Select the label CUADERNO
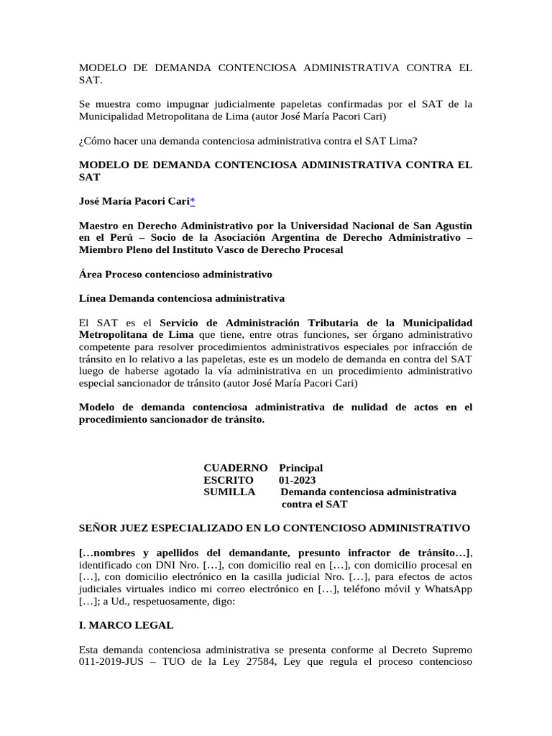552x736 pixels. pos(236,468)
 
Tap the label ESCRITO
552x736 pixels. pos(229,480)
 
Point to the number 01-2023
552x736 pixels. pos(297,480)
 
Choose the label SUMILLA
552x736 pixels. pos(229,492)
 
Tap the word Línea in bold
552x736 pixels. pos(93,298)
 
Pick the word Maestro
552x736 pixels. pos(99,226)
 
